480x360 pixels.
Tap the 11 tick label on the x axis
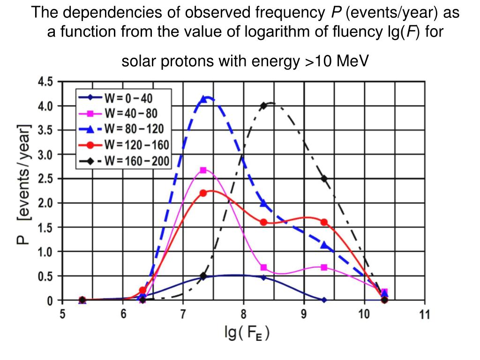[424, 314]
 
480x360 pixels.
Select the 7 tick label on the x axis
[183, 314]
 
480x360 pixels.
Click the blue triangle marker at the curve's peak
[203, 99]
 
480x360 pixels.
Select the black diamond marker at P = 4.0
[263, 106]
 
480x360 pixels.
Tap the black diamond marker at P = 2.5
[324, 179]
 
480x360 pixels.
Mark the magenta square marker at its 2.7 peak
[203, 170]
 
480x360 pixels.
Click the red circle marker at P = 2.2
[203, 193]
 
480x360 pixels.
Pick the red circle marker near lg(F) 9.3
[324, 222]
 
